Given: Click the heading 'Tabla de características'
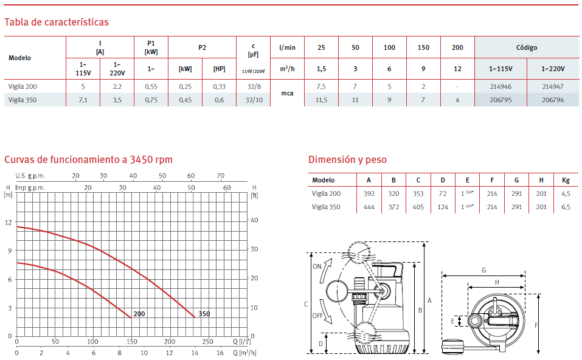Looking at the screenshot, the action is click(x=57, y=22).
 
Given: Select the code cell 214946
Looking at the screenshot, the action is click(x=501, y=86).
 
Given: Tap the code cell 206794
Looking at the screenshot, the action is click(x=553, y=100).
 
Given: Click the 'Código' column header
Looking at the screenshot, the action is click(x=526, y=47).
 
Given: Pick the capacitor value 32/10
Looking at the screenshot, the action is click(x=254, y=100).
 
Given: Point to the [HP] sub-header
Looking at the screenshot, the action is click(x=219, y=69).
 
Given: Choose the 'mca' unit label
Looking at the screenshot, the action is click(x=287, y=93).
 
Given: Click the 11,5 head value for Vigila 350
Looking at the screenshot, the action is click(x=321, y=100).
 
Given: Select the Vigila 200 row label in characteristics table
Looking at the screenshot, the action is click(x=23, y=86).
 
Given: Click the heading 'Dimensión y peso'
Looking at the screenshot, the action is click(x=347, y=159).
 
